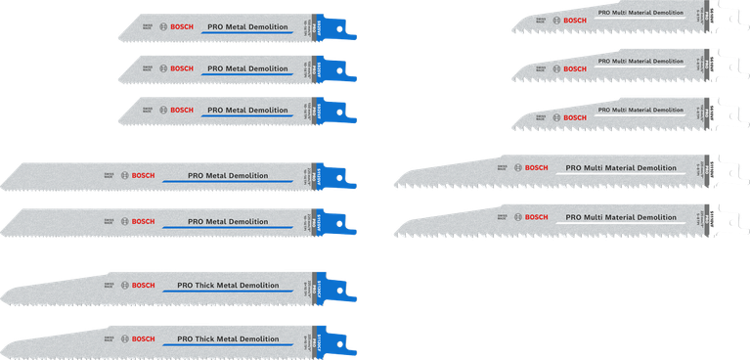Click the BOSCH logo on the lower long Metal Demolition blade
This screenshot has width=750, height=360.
[x=137, y=222]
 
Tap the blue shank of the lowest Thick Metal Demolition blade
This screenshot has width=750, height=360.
[x=338, y=339]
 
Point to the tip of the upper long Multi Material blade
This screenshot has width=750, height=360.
[x=395, y=181]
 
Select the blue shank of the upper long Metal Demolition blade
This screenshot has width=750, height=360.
[x=334, y=175]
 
